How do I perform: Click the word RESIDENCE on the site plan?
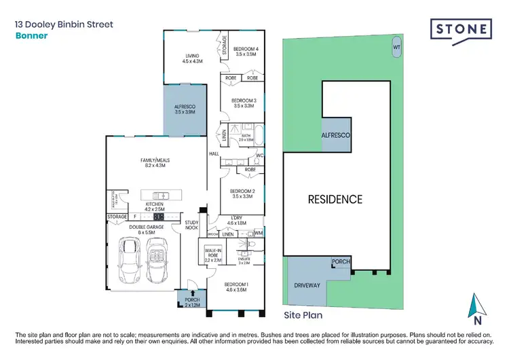coord(335,200)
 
